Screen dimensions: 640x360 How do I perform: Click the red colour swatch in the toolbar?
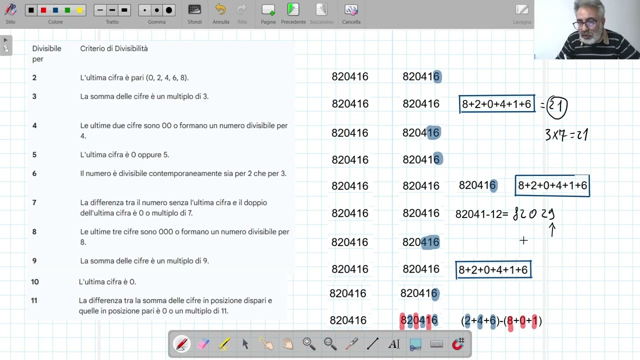pos(43,10)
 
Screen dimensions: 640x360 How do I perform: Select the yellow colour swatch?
pos(79,10)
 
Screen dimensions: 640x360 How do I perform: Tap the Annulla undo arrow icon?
pos(220,9)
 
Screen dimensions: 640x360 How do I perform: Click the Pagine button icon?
pos(268,9)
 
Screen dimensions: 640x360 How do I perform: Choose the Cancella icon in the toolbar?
pos(351,9)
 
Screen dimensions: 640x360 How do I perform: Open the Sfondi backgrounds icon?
pos(194,9)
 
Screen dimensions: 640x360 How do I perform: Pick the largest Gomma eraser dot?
pos(169,10)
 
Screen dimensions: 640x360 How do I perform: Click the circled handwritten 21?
pos(557,107)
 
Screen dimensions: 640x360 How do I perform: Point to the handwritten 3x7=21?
pos(566,134)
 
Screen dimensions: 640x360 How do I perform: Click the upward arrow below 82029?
pos(552,230)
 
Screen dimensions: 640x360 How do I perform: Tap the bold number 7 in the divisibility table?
pos(34,202)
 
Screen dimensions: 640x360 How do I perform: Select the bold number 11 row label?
pos(34,300)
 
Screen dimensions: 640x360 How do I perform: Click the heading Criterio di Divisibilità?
pos(114,48)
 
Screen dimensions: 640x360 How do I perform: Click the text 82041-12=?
pos(482,214)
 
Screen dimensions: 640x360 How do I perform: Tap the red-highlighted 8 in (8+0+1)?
pos(510,320)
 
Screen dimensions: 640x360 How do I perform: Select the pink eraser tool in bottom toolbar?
pos(203,343)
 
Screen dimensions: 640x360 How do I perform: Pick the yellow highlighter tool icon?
pos(224,343)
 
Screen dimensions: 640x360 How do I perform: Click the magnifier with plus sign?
pos(309,343)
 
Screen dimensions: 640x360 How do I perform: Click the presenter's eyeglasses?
pos(585,24)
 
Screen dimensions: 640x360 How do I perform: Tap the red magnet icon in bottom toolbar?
pos(458,343)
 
